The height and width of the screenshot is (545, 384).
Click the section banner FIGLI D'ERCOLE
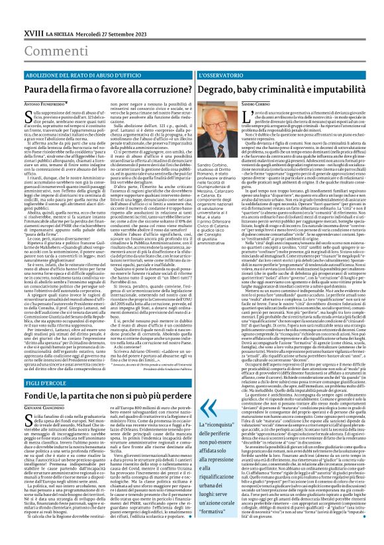pyautogui.click(x=26, y=385)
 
